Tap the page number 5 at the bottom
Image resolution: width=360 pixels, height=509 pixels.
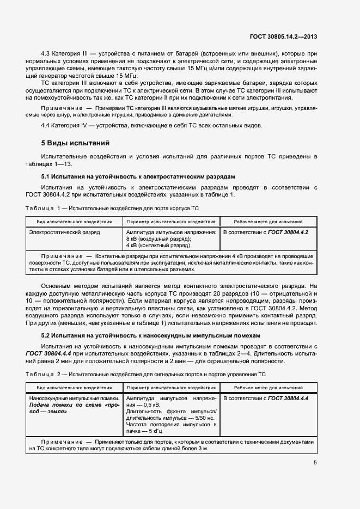tap(315, 463)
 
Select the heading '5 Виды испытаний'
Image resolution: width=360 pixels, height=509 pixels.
tap(76, 144)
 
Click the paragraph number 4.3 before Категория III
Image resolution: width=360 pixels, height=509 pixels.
tap(46, 53)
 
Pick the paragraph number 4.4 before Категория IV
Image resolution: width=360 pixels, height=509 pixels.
tap(46, 126)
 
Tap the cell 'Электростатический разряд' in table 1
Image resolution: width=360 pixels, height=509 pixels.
tap(64, 232)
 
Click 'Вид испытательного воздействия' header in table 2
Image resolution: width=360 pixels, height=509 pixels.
tap(74, 388)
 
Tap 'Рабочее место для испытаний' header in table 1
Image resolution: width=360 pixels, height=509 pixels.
tap(268, 222)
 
